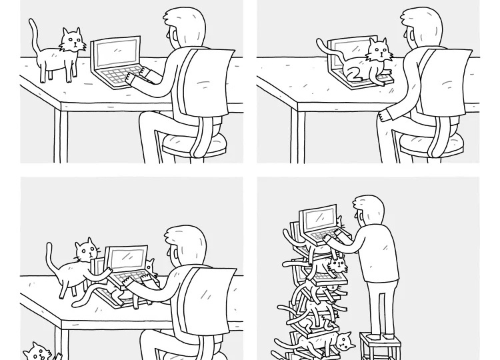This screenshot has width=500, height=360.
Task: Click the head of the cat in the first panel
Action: coord(73,41)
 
